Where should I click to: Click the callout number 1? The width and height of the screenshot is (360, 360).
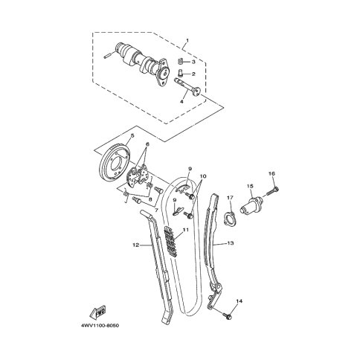tap(187, 40)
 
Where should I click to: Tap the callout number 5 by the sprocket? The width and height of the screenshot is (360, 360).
tap(132, 135)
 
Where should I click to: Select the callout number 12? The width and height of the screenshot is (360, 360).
tap(135, 245)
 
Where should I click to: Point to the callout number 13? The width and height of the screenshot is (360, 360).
tap(231, 243)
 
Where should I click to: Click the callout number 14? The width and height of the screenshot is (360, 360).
tap(240, 301)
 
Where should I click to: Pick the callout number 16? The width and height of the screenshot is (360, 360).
tap(272, 174)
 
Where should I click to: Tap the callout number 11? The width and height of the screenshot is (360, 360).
tap(186, 230)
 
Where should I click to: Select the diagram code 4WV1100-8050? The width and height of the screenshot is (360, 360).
tap(100, 326)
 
